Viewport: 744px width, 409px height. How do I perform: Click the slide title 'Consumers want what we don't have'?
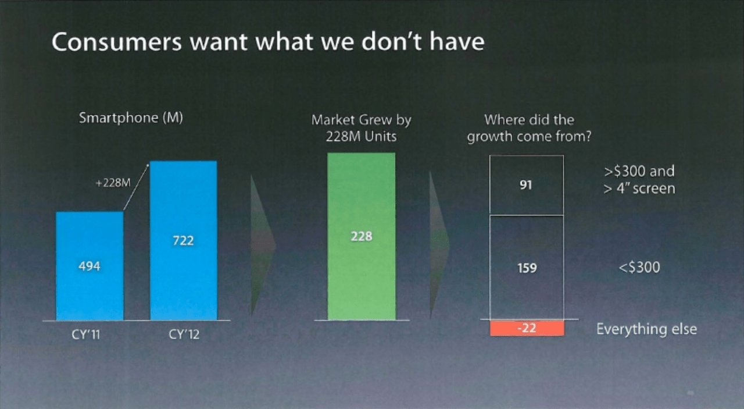(x=267, y=42)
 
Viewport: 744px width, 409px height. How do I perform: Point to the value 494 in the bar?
(x=90, y=266)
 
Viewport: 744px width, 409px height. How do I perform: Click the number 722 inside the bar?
(x=183, y=241)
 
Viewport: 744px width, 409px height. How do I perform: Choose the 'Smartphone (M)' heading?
(x=131, y=118)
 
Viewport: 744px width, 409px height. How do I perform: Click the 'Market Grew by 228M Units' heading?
(x=361, y=128)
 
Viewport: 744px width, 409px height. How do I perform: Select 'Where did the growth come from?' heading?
(x=528, y=128)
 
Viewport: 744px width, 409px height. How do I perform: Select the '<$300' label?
(x=640, y=268)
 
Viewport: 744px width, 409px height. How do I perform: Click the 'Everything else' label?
(x=646, y=329)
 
